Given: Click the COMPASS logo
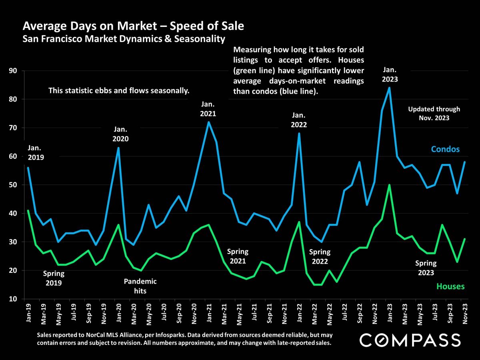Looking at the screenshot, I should tap(410, 340).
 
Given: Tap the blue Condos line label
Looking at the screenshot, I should tap(445, 149).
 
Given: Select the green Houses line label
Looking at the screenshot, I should tap(450, 286).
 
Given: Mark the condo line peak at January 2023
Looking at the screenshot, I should tap(389, 88).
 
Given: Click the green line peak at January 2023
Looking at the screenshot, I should tap(389, 185).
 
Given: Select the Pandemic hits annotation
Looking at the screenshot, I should tap(140, 286).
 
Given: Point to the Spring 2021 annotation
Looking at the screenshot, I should tap(238, 257).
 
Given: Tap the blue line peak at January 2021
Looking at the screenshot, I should tap(208, 122).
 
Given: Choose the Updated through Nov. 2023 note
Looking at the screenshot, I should tap(434, 113).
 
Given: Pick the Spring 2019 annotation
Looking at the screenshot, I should tap(54, 279).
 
